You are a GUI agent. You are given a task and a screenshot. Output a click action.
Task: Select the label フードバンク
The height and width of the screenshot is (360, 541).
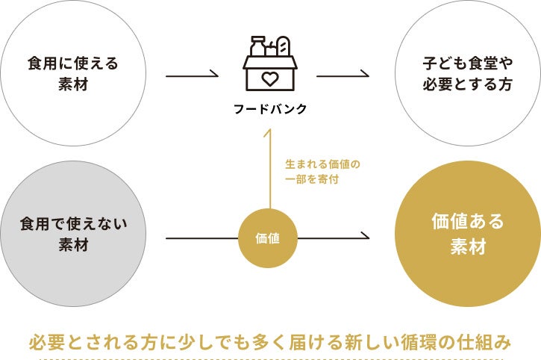269,109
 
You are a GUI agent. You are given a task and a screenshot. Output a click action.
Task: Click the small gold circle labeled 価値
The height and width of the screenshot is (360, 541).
268,239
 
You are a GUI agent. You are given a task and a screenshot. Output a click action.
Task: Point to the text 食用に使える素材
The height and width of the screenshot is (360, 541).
73,74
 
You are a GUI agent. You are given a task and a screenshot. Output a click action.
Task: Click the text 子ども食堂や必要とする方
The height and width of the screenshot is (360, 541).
467,74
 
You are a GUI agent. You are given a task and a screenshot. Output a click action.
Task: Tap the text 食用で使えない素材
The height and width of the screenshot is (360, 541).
73,235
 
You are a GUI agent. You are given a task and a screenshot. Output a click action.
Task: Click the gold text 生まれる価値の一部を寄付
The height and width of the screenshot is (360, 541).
317,171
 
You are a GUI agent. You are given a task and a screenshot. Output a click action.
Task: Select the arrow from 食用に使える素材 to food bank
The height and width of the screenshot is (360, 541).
192,75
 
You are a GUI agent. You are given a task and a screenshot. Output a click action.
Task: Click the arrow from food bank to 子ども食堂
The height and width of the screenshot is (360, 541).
343,75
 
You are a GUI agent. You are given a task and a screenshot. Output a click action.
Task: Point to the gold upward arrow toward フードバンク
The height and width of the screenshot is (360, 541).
269,172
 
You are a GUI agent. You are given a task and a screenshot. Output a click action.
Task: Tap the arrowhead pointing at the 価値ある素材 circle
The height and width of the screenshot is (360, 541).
365,238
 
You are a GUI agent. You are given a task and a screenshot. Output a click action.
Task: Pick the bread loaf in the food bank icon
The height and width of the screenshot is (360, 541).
282,47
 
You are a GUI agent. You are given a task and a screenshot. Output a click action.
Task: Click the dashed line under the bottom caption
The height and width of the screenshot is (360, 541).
270,358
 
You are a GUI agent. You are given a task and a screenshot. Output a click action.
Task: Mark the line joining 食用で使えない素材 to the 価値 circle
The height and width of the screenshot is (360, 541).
201,239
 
